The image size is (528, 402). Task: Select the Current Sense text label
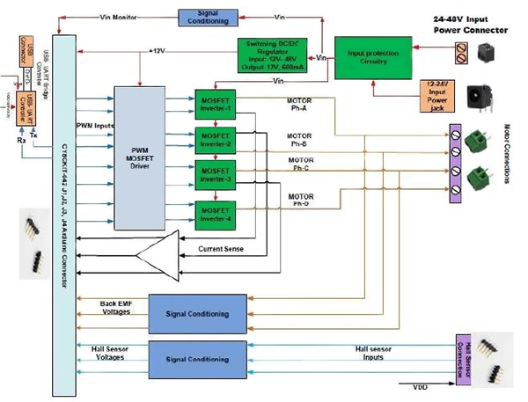pyautogui.click(x=225, y=250)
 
